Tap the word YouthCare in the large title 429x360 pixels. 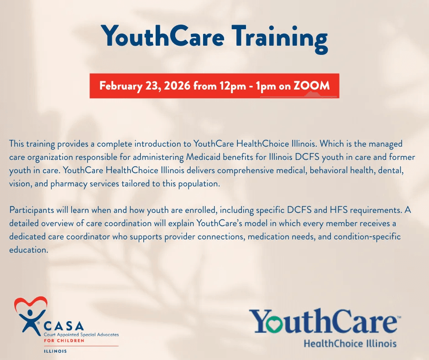click(162, 36)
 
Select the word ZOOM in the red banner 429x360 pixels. click(312, 86)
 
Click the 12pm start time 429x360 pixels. click(233, 86)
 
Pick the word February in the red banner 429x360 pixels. click(120, 86)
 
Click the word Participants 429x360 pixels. click(31, 210)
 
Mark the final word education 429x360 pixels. click(29, 250)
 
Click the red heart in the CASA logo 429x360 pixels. click(31, 303)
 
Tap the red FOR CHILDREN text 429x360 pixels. click(64, 340)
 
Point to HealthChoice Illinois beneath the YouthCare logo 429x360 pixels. click(350, 343)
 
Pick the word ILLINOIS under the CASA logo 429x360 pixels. click(55, 351)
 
